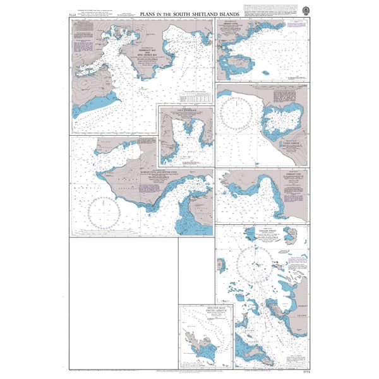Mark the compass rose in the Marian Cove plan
[x=105, y=211]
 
